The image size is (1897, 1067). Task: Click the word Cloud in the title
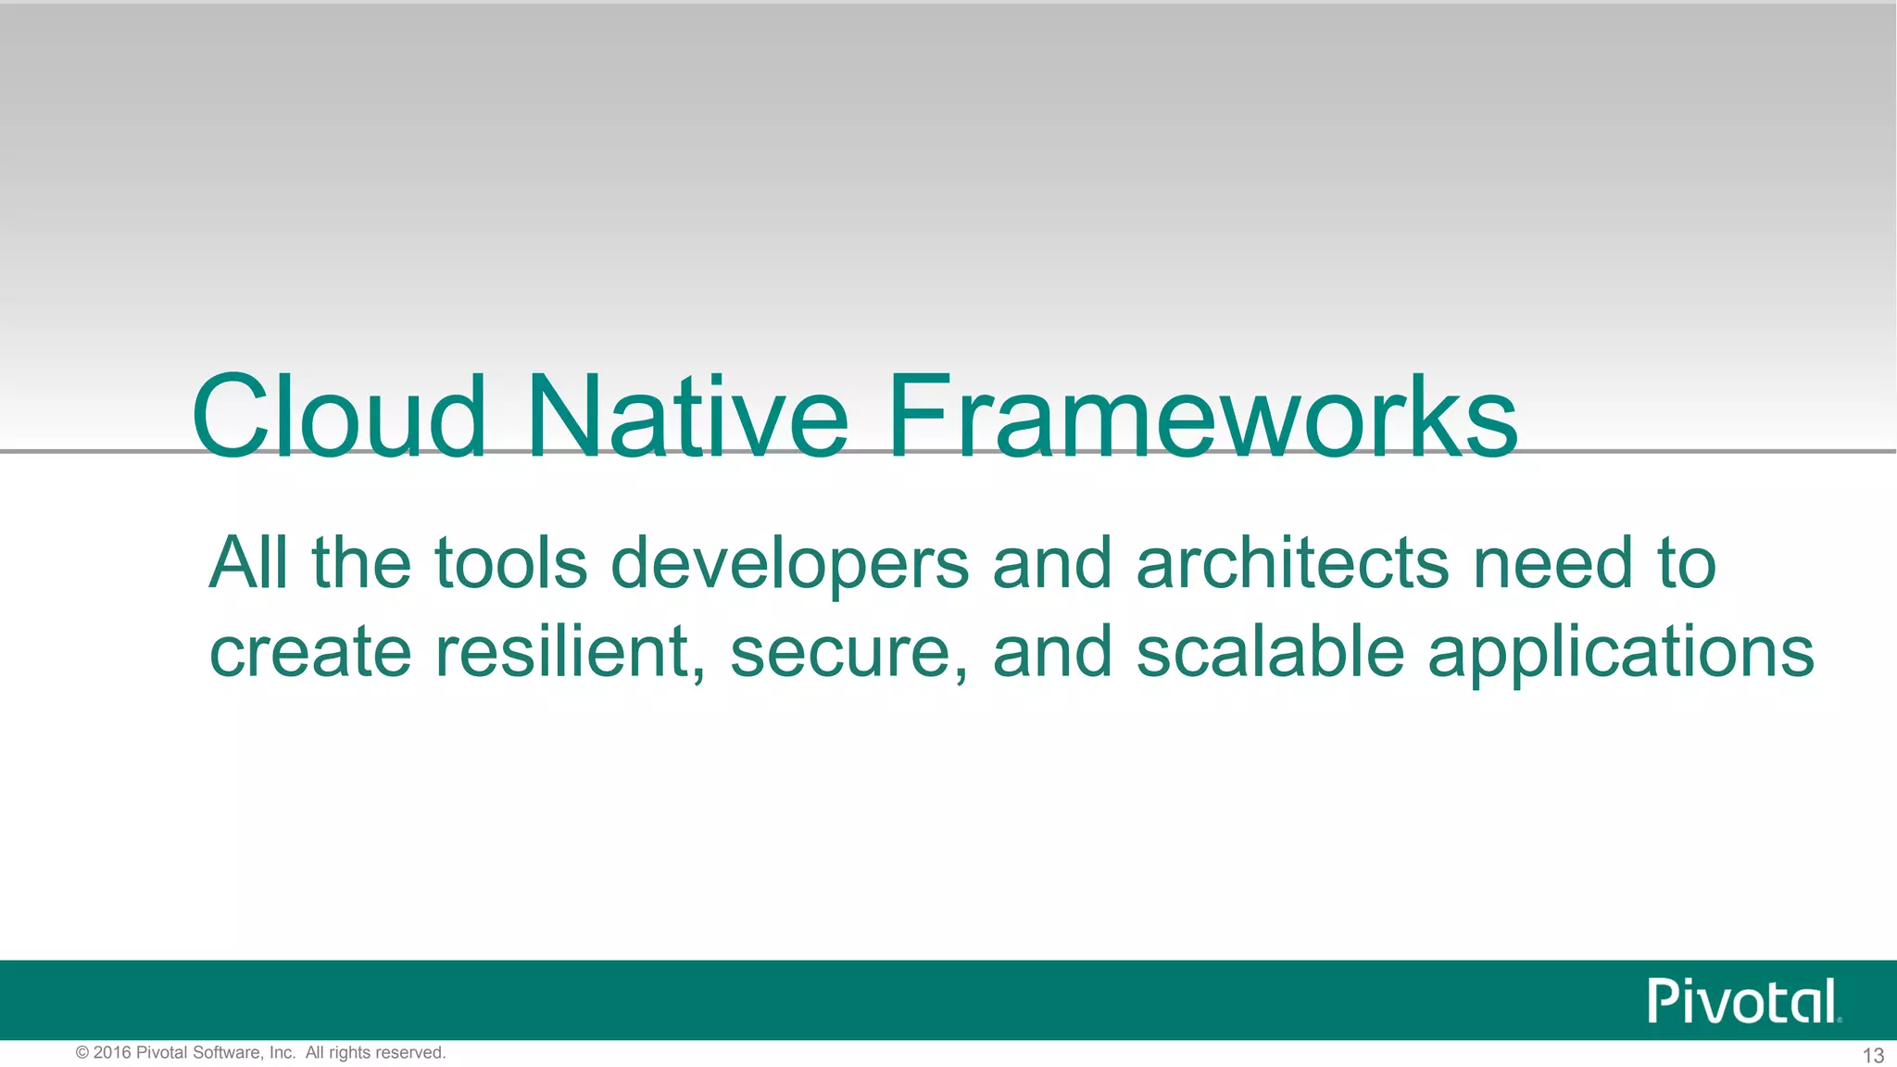point(339,417)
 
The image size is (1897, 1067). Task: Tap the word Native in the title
point(686,417)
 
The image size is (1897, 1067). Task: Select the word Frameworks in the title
point(1201,417)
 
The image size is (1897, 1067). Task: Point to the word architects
point(1292,563)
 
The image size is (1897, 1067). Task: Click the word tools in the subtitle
point(510,563)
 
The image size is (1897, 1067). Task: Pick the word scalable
point(1270,652)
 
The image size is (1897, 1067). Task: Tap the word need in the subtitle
point(1552,563)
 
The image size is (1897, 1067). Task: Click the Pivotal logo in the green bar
point(1742,1001)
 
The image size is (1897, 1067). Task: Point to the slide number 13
point(1872,1055)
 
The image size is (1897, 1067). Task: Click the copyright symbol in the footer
point(82,1053)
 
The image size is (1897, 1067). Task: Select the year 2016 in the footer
point(112,1053)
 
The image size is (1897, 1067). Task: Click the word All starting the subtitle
point(248,563)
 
